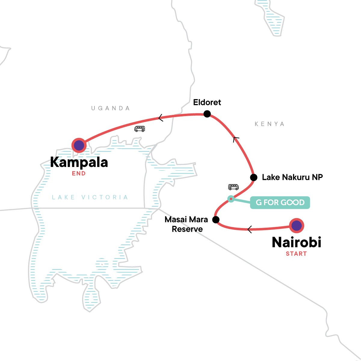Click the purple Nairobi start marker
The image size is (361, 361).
(x=297, y=225)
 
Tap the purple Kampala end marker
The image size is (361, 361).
(x=79, y=145)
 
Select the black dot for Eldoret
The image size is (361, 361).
(x=207, y=114)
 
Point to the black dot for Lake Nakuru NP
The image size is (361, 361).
(x=254, y=177)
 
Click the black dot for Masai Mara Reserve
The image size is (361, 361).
(x=216, y=220)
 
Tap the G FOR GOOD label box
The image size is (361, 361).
(x=280, y=202)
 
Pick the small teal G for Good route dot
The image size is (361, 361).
(x=231, y=199)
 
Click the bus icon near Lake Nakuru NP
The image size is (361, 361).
(x=233, y=187)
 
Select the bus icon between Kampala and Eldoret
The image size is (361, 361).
(x=140, y=129)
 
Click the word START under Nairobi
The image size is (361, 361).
(x=296, y=254)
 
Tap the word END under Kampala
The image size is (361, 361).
(x=79, y=173)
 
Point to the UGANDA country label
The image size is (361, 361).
(x=111, y=108)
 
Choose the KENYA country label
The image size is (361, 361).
(x=270, y=124)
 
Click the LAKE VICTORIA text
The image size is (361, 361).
(x=90, y=197)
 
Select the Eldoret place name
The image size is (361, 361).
(x=207, y=102)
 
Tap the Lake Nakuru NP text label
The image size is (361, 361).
(x=292, y=177)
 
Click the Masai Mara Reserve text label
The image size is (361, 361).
(x=187, y=224)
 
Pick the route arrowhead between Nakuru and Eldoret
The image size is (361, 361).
(x=236, y=139)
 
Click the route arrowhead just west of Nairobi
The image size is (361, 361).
(x=249, y=230)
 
